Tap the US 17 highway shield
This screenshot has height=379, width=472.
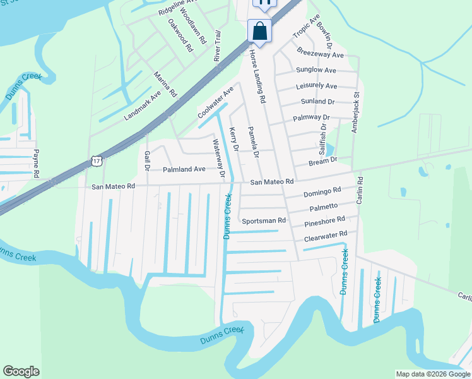point(96,161)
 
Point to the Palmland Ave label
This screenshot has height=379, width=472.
point(184,169)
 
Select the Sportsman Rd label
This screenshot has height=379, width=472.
point(264,221)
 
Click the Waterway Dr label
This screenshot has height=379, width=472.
point(219,159)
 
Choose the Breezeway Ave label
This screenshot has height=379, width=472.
point(320,55)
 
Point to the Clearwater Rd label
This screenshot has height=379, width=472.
point(326,236)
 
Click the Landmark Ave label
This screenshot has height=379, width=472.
point(143,104)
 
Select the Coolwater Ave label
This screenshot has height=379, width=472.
point(215,102)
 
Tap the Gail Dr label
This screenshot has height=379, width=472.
point(146,160)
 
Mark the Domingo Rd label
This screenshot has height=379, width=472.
point(322,191)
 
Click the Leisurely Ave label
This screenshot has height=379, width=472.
point(316,86)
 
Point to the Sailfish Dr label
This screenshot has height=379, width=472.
point(324,135)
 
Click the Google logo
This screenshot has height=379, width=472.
point(21,371)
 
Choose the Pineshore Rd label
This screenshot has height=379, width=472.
point(324,222)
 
